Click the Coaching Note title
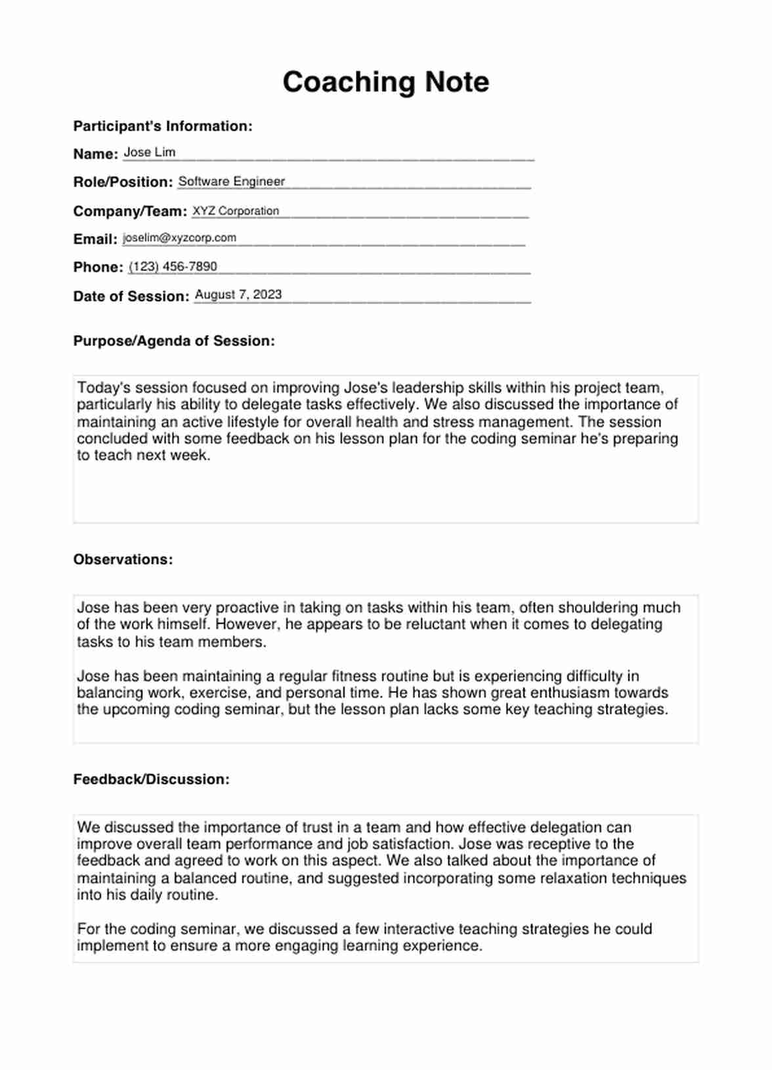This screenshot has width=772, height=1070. [x=385, y=82]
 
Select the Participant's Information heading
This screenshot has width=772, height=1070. [x=162, y=126]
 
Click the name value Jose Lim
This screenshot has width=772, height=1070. [x=149, y=152]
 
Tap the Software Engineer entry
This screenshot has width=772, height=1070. [x=231, y=181]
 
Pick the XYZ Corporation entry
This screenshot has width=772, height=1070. [x=235, y=211]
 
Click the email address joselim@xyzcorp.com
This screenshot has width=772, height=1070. [x=179, y=238]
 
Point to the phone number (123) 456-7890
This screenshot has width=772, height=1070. [x=173, y=267]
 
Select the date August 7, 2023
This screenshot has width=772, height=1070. [x=238, y=295]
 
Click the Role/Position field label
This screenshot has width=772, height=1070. [x=123, y=182]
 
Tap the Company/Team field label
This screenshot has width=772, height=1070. [x=130, y=211]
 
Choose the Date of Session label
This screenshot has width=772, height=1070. [x=131, y=296]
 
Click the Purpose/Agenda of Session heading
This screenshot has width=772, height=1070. [x=173, y=341]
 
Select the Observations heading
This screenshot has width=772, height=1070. [x=123, y=559]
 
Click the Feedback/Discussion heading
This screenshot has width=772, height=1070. [x=151, y=779]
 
